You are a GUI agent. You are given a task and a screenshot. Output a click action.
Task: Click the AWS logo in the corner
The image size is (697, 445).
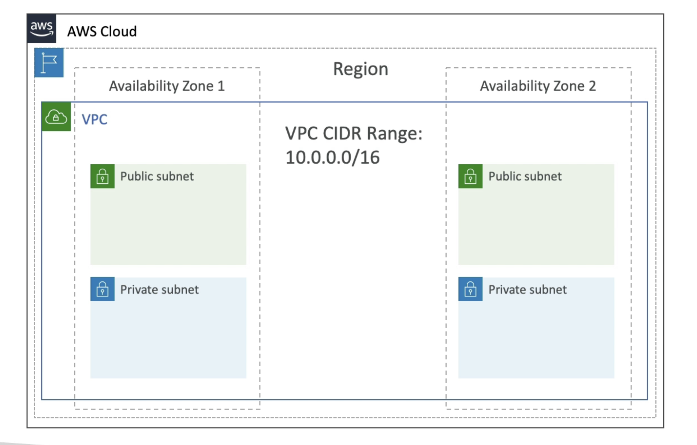41,29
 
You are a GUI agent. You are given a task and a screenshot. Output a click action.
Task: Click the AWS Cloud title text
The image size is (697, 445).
102,31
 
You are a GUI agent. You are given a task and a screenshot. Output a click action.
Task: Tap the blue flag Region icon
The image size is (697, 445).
49,63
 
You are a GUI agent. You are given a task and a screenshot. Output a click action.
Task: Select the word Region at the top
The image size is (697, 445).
360,69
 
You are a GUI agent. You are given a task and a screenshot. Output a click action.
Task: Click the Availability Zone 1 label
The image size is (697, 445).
167,86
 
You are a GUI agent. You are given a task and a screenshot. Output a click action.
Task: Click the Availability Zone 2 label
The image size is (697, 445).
537,86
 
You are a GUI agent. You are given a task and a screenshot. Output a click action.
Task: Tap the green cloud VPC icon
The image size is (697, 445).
56,117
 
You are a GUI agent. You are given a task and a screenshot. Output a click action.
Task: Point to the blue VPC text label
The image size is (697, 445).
94,120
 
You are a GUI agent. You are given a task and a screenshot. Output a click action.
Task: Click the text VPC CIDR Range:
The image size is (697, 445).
354,133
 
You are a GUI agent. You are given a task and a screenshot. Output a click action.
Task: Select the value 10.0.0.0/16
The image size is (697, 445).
332,157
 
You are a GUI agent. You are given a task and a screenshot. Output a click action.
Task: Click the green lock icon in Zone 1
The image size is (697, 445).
102,176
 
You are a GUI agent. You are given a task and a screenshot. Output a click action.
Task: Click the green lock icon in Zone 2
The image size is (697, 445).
470,176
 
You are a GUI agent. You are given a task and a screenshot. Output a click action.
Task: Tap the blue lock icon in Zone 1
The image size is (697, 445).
102,289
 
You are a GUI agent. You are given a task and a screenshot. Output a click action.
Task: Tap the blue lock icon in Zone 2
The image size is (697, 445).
470,289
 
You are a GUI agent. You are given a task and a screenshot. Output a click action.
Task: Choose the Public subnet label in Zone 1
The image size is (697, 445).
157,176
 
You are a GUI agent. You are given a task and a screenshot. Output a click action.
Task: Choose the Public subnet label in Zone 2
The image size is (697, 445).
525,176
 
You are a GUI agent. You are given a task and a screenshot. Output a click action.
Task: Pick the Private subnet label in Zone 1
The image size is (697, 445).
159,289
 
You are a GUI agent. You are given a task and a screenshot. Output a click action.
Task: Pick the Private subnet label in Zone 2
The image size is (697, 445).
527,289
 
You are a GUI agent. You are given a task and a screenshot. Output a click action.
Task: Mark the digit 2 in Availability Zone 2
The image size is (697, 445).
592,86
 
